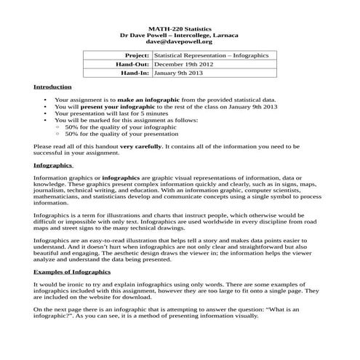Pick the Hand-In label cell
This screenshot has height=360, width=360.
coord(133,73)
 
